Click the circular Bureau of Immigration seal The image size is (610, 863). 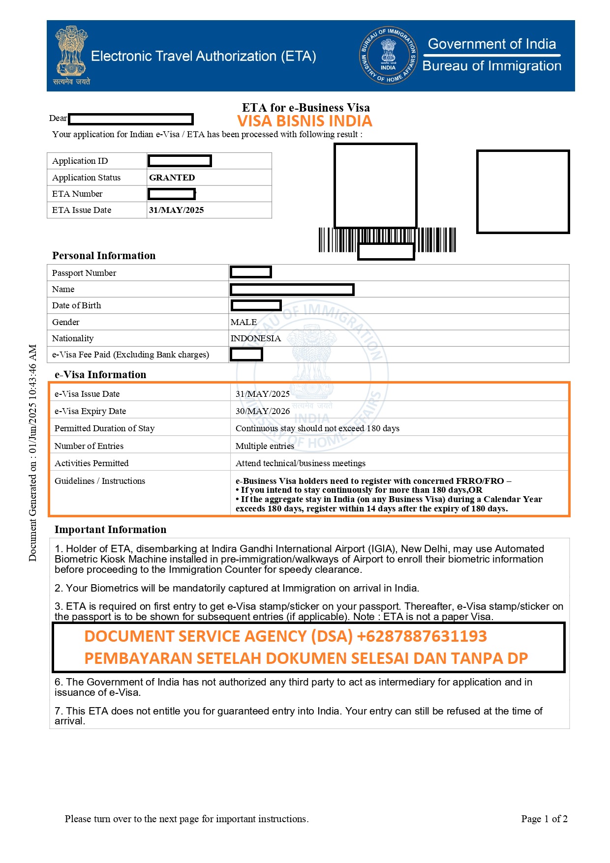pyautogui.click(x=388, y=55)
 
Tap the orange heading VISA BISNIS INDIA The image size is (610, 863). pyautogui.click(x=305, y=121)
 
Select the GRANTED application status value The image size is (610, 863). pyautogui.click(x=172, y=178)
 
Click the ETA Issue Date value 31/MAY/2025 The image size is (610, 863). pyautogui.click(x=176, y=210)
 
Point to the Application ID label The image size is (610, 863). pyautogui.click(x=80, y=161)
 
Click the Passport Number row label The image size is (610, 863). pyautogui.click(x=84, y=273)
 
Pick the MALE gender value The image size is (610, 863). pyautogui.click(x=244, y=322)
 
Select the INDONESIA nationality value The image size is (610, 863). pyautogui.click(x=256, y=338)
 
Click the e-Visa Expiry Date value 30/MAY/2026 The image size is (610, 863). pyautogui.click(x=263, y=411)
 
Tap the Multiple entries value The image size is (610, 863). pyautogui.click(x=265, y=446)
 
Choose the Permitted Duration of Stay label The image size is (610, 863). pyautogui.click(x=104, y=428)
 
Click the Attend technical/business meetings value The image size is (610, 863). pyautogui.click(x=301, y=463)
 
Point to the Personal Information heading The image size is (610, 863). pyautogui.click(x=104, y=256)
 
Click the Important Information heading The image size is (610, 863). pyautogui.click(x=110, y=530)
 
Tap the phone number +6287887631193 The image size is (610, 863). pyautogui.click(x=422, y=636)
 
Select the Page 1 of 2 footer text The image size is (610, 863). pyautogui.click(x=544, y=819)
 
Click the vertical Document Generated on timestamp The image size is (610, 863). pyautogui.click(x=32, y=452)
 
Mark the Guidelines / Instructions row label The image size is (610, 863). pyautogui.click(x=100, y=481)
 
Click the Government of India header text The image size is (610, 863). pyautogui.click(x=492, y=44)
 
